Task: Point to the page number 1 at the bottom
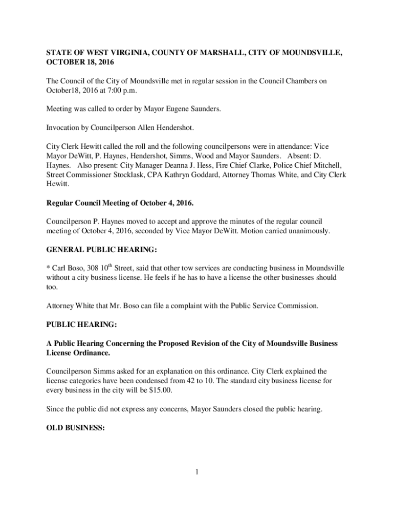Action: pyautogui.click(x=196, y=471)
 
